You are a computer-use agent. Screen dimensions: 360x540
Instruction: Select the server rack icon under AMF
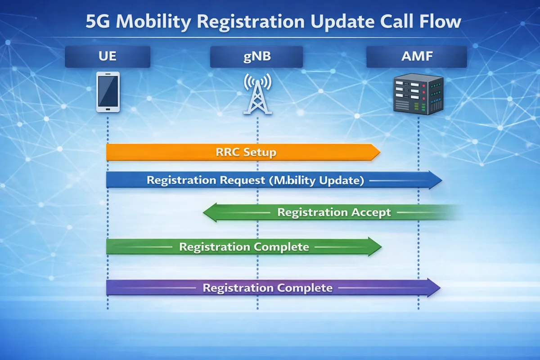coord(418,94)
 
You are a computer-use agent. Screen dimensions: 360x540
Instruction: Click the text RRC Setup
coord(243,152)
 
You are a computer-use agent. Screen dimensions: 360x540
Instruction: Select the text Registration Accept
coord(334,212)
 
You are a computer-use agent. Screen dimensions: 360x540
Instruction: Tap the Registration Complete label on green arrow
coord(244,247)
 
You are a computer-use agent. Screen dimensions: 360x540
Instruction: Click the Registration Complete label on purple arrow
coord(267,288)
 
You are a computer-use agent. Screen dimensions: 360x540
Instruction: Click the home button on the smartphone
coord(108,108)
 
